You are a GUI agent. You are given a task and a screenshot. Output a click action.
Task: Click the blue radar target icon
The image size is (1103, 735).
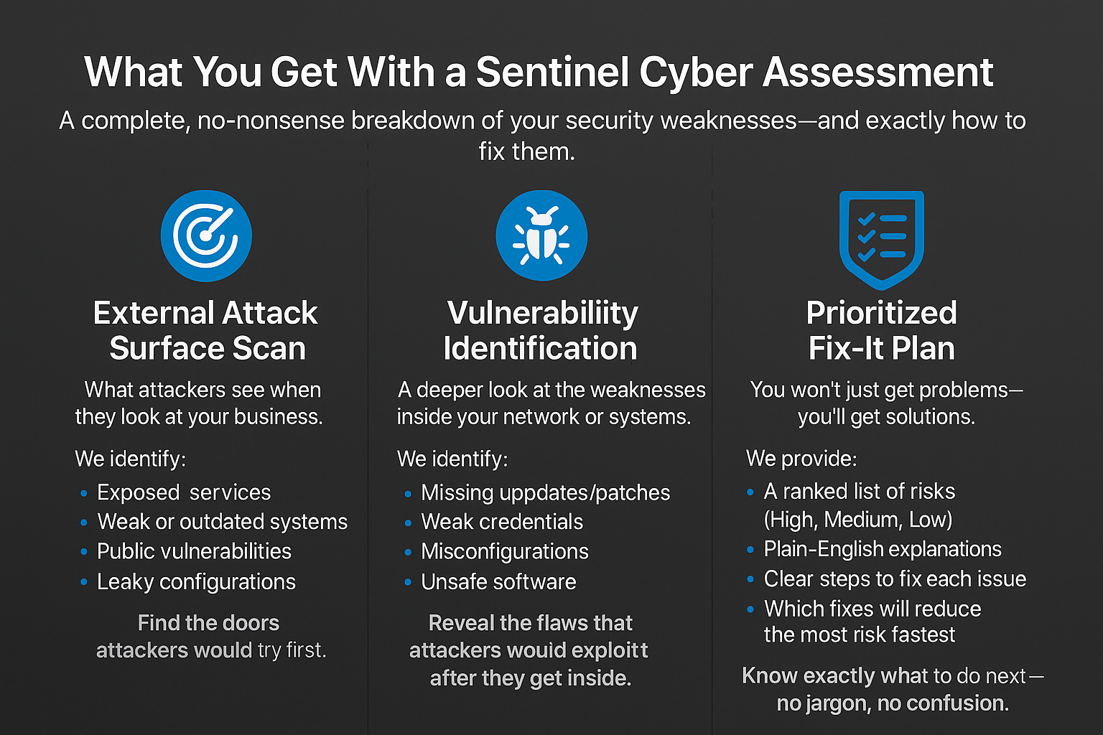(x=206, y=235)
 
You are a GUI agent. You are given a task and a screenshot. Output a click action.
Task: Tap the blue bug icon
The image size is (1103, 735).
(x=541, y=235)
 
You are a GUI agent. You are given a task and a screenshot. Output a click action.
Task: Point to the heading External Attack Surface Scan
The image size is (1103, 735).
(x=206, y=330)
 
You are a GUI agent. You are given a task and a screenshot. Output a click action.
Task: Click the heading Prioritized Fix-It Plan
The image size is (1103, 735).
(x=881, y=330)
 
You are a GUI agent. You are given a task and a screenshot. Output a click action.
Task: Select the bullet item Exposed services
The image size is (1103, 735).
(x=184, y=492)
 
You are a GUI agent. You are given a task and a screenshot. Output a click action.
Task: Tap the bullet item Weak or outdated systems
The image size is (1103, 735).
(x=222, y=522)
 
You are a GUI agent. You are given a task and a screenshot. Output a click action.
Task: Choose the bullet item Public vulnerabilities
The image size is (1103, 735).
(x=194, y=551)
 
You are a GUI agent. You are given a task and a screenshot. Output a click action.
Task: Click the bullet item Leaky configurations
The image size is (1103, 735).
(x=196, y=581)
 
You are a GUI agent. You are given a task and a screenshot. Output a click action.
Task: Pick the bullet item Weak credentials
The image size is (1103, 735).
(x=502, y=522)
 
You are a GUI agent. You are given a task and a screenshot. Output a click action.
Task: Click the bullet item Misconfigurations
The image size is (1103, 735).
(x=504, y=551)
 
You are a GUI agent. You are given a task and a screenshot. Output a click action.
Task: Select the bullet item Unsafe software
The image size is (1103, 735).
(x=498, y=581)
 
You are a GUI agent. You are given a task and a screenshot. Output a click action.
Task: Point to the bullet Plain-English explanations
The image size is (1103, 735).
(x=882, y=549)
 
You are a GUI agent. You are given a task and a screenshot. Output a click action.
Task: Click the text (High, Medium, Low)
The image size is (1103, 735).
(x=857, y=519)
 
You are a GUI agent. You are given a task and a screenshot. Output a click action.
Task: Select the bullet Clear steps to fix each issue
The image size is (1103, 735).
(x=895, y=579)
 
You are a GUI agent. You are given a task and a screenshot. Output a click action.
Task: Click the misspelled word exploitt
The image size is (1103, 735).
(x=609, y=650)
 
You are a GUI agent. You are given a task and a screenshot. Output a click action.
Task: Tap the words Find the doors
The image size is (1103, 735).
(x=208, y=622)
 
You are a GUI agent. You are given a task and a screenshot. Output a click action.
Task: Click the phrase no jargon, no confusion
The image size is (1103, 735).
(x=893, y=703)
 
